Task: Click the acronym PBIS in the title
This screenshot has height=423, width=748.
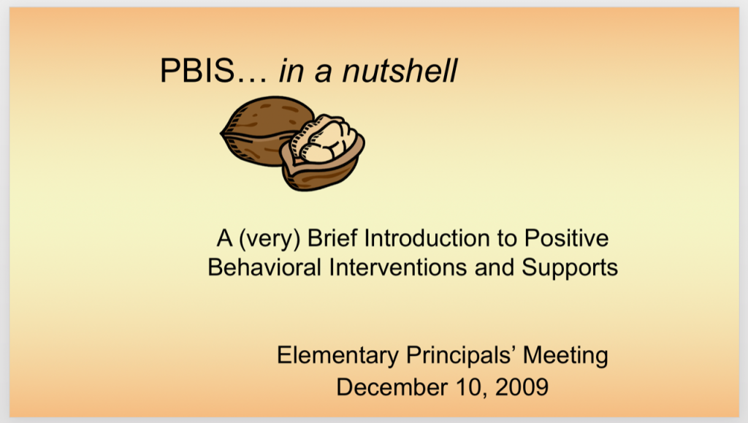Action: click(x=197, y=71)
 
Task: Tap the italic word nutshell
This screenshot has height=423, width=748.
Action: click(x=400, y=71)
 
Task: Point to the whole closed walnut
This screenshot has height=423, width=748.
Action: click(x=267, y=132)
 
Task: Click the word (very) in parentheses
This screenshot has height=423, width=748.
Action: click(x=269, y=239)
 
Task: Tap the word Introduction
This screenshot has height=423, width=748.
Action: click(x=427, y=237)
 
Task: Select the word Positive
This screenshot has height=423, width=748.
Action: click(x=566, y=237)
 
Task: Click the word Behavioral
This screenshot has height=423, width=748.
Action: click(x=264, y=267)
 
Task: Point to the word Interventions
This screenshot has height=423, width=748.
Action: click(x=398, y=267)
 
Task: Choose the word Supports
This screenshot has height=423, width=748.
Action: click(x=570, y=268)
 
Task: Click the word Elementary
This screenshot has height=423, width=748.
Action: click(x=337, y=356)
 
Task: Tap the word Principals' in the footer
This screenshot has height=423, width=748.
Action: click(x=461, y=356)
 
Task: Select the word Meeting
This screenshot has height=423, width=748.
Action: click(x=566, y=356)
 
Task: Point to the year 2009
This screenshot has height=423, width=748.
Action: click(x=522, y=386)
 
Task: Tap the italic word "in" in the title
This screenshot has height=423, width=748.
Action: click(x=291, y=71)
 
